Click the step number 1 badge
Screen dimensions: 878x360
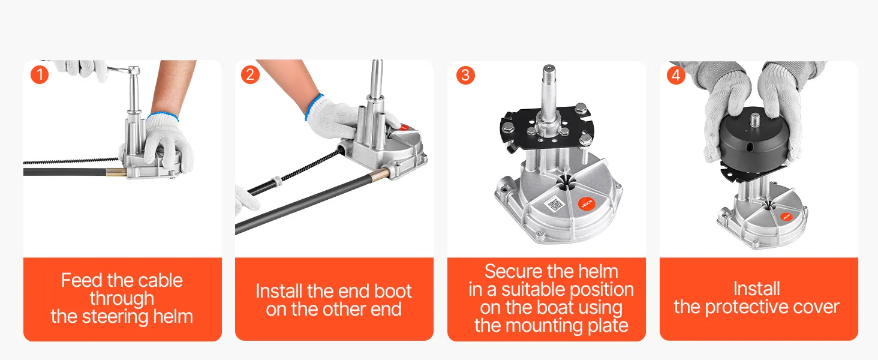click(x=40, y=74)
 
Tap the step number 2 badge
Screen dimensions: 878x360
click(x=250, y=74)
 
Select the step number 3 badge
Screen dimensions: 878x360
click(x=465, y=75)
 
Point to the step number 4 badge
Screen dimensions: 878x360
click(x=676, y=75)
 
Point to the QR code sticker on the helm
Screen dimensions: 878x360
click(x=555, y=205)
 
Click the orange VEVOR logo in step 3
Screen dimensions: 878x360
click(x=587, y=203)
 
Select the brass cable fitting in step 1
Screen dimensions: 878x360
click(x=116, y=172)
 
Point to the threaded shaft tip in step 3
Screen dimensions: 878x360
click(x=548, y=70)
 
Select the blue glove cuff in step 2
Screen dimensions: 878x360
click(x=313, y=106)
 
